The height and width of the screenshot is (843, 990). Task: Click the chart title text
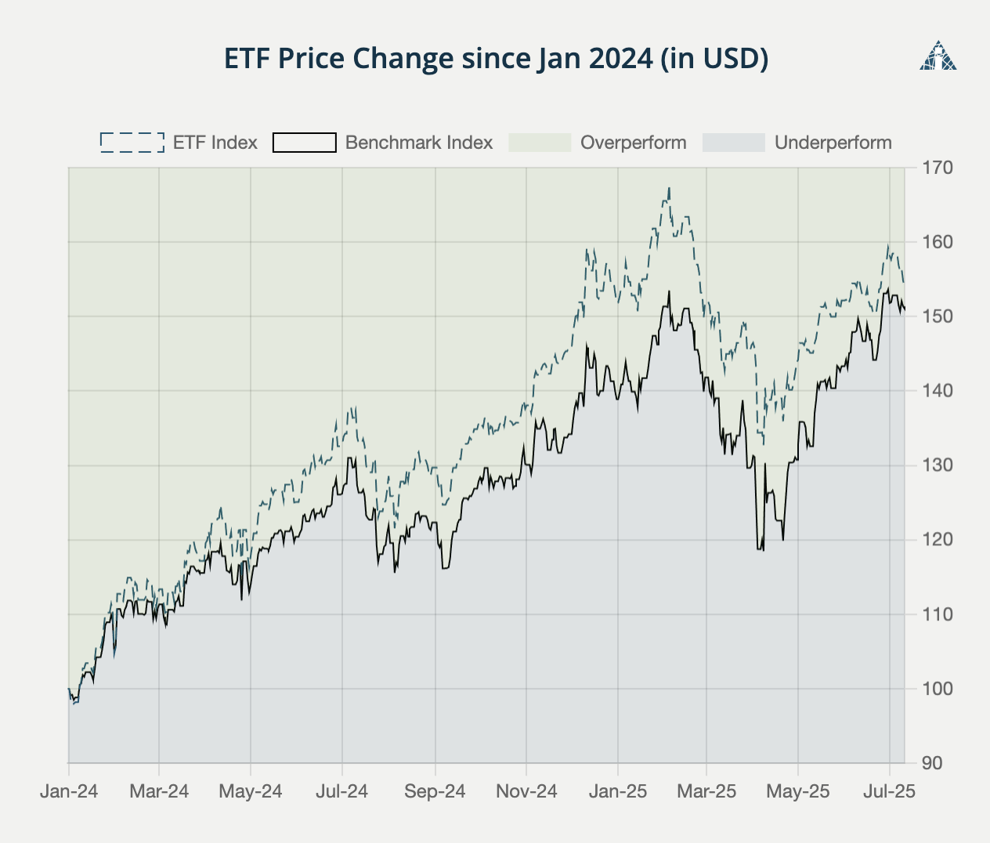click(496, 59)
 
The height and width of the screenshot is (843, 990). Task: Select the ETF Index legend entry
click(179, 143)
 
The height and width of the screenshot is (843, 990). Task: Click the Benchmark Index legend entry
click(383, 143)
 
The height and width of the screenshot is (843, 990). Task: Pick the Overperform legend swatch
click(540, 143)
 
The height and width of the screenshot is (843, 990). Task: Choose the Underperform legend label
click(833, 143)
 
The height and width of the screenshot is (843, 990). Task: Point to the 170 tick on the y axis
click(937, 168)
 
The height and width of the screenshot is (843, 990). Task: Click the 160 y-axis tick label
click(937, 242)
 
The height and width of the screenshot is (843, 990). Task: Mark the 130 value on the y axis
click(937, 465)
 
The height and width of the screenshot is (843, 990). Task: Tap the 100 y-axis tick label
click(937, 689)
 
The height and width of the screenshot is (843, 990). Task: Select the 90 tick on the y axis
click(932, 763)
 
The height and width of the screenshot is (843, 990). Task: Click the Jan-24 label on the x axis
click(69, 791)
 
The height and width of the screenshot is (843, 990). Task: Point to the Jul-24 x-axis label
click(341, 791)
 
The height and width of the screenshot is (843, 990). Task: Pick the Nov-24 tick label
click(526, 791)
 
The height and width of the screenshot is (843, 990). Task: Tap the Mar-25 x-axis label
click(706, 791)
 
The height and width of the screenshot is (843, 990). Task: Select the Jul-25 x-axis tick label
click(889, 791)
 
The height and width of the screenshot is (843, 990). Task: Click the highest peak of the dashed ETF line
click(670, 188)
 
